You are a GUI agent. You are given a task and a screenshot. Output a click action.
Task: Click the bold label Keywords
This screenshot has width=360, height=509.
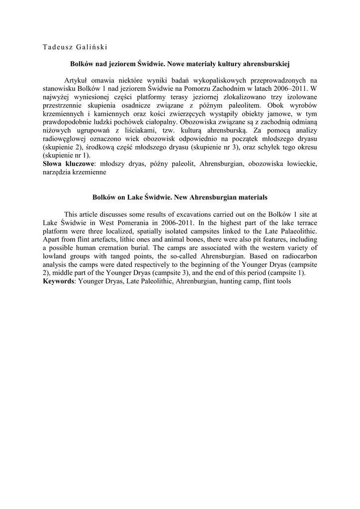[59, 282]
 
